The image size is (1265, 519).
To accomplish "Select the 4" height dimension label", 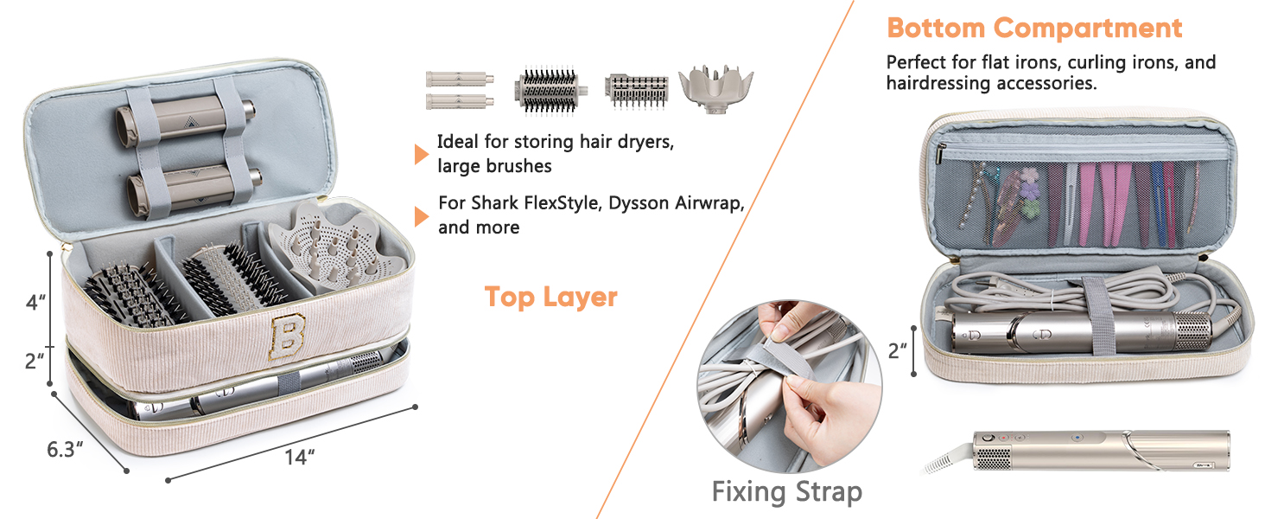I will (35, 304).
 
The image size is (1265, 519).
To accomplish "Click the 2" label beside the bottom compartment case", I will (898, 350).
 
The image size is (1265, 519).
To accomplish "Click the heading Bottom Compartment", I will (1033, 28).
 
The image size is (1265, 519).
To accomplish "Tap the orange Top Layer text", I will (550, 297).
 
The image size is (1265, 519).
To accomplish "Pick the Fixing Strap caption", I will (786, 492).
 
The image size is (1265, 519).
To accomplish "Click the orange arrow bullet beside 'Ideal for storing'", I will (421, 154).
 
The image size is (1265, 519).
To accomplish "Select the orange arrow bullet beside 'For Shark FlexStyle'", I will (421, 215).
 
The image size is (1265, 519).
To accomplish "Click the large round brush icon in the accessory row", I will (547, 90).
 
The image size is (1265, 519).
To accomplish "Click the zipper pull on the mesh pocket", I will (939, 156).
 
